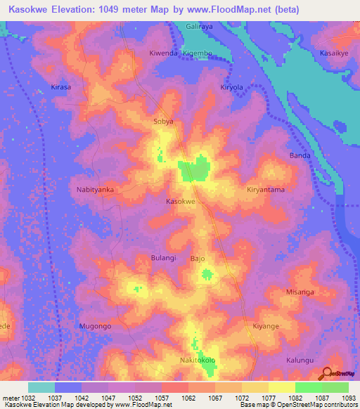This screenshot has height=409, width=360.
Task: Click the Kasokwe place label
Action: click(x=180, y=201)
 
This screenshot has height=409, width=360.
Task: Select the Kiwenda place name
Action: click(x=162, y=53)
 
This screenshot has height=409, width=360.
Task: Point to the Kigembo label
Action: click(x=197, y=53)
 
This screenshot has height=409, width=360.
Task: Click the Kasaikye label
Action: click(x=334, y=53)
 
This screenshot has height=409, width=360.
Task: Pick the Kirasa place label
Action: click(x=61, y=86)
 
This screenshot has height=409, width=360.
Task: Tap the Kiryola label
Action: click(x=231, y=87)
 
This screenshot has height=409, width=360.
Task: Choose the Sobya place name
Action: click(x=163, y=121)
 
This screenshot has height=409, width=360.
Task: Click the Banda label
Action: click(x=300, y=155)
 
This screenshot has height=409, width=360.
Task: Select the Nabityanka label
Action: click(x=95, y=190)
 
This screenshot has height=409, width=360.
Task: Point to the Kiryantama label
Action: click(x=266, y=190)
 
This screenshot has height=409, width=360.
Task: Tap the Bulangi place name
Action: click(x=163, y=258)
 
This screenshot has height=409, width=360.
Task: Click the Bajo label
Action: click(x=198, y=258)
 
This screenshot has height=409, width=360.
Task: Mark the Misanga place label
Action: click(x=300, y=292)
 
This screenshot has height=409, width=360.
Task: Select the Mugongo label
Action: click(x=95, y=326)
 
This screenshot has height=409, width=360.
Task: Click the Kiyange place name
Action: click(x=266, y=326)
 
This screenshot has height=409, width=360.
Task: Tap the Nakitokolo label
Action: click(x=198, y=361)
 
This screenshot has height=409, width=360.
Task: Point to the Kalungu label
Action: click(x=300, y=361)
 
